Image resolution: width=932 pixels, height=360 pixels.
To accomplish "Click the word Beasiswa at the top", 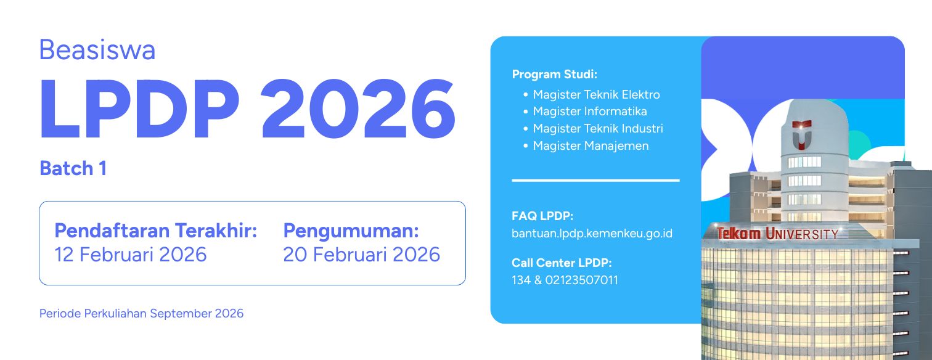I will point(97,50).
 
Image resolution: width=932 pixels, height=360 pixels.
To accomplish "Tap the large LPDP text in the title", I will point(139,110).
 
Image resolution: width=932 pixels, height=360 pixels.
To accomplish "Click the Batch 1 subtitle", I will point(73,168).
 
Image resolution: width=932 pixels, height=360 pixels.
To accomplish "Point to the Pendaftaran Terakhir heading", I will point(155,231).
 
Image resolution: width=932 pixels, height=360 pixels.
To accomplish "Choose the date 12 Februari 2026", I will point(131,254).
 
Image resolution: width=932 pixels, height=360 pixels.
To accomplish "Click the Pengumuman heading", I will point(351,231).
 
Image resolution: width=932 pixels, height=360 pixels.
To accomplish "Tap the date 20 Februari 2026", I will point(361,254).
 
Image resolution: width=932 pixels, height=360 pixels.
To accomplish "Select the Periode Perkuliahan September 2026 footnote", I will point(141,313).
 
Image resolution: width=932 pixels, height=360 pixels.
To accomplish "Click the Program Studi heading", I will point(554,75).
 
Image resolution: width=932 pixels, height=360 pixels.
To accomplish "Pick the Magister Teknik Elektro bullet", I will point(596,94).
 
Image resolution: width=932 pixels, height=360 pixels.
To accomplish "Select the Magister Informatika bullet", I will point(590,112).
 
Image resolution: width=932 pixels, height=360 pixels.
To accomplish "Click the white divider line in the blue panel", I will point(595,181).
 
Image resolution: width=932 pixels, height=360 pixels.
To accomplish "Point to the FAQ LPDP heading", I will point(542,216).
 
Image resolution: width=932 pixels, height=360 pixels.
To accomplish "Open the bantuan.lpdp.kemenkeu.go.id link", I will point(592,234).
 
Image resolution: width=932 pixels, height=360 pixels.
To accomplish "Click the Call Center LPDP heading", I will point(562,263).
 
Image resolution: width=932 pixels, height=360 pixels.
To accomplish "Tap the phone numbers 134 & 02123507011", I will point(565,280).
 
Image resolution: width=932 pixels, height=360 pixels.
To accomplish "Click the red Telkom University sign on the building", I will point(777,234).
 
